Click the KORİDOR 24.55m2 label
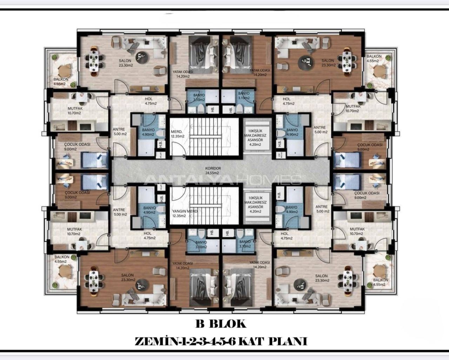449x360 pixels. [x=212, y=170]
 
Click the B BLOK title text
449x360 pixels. [x=221, y=324]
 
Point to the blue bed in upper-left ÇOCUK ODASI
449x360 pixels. [x=95, y=160]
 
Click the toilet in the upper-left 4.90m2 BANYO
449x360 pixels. [x=160, y=134]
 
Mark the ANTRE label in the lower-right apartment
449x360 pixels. [x=321, y=209]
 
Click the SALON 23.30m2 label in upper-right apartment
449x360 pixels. [x=328, y=62]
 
